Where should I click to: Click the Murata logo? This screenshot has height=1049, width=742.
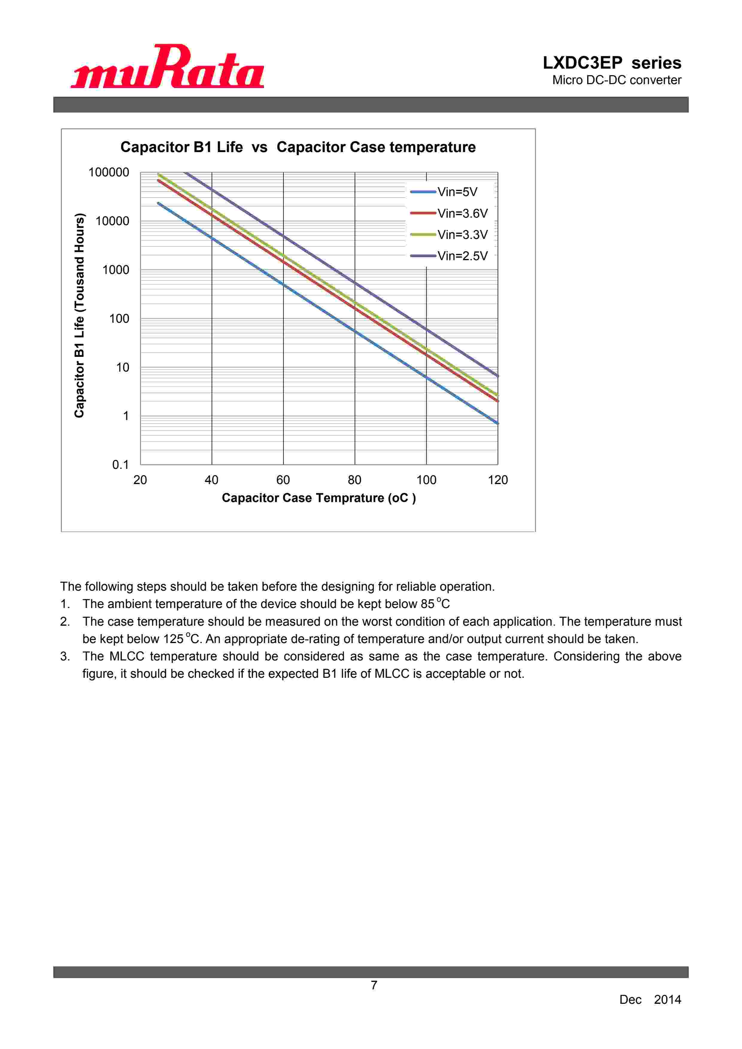pos(167,67)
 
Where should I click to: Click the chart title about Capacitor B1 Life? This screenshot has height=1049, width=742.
pos(298,147)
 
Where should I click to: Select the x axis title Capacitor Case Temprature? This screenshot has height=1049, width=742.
pos(318,498)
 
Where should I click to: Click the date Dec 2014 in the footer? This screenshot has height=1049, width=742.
pos(650,1000)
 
